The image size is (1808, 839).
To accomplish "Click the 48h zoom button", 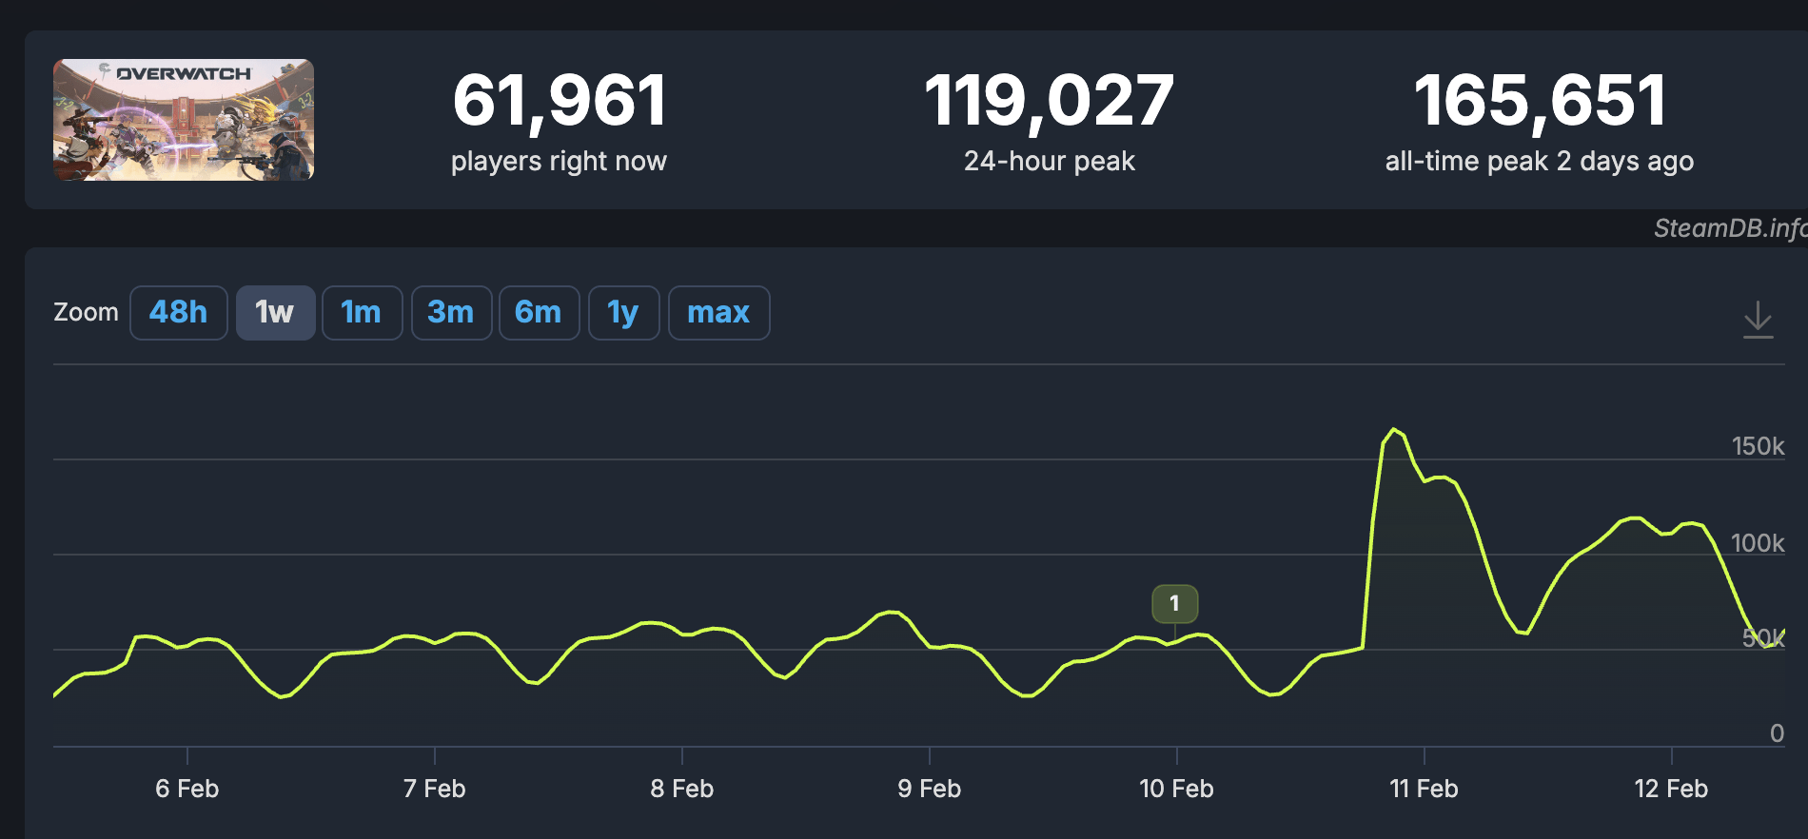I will (178, 313).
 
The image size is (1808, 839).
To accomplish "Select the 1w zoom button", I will (275, 313).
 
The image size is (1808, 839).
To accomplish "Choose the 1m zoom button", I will (362, 313).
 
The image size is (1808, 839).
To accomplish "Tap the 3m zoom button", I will (451, 313).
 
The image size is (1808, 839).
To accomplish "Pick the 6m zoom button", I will (539, 313).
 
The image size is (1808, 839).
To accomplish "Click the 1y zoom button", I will (623, 313).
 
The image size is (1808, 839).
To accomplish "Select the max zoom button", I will (718, 313).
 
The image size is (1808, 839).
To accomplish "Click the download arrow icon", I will (1758, 320).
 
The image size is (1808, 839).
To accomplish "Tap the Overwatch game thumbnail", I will (184, 120).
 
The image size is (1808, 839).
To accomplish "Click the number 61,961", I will (560, 101).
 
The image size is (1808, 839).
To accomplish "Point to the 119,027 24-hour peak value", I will (1049, 101).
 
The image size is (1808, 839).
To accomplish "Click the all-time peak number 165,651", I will (1540, 101).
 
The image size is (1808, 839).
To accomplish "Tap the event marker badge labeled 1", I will (1174, 603).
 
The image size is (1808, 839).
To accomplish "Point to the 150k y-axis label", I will (1757, 446).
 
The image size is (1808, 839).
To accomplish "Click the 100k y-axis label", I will (1757, 543).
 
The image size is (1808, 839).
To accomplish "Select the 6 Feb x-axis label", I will (187, 789).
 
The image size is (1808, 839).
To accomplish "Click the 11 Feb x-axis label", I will (1424, 789).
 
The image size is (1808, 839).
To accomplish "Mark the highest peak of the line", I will (1394, 430).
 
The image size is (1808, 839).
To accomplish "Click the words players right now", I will (560, 162).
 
